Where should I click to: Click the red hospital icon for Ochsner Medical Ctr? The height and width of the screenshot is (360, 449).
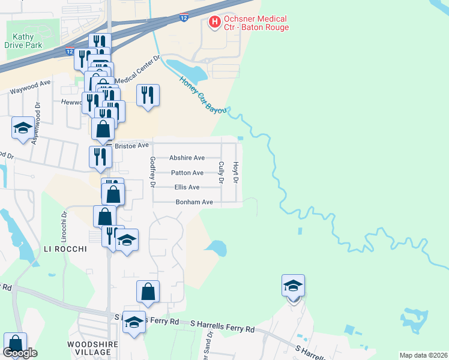coord(213,23)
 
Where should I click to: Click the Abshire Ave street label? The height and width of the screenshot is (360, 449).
coord(187,158)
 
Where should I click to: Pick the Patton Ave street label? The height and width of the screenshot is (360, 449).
coord(187,173)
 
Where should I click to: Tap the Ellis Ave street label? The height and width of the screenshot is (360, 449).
coord(187,187)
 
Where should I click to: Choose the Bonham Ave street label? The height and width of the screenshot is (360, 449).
coord(194,202)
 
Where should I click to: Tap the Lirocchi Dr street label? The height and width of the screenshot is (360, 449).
coord(63,223)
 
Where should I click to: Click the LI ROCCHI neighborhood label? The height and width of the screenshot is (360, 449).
coord(65,248)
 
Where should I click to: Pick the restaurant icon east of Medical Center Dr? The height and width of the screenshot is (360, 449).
coord(148,95)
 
